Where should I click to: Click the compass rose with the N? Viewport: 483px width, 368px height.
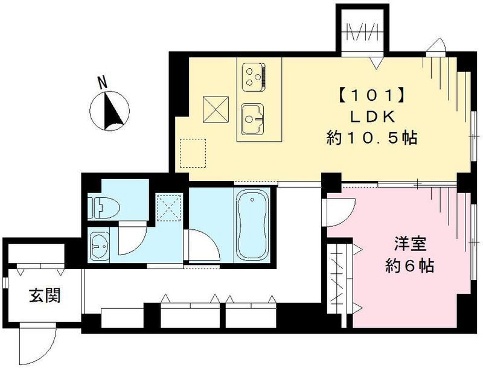pos(108,109)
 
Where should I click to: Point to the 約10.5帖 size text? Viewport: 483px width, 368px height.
pos(369,139)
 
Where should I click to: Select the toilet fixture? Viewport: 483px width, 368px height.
pos(103,208)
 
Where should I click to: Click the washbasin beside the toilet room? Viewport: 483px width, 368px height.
pos(100,244)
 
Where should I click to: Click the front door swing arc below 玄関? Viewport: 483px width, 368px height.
pos(33,342)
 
